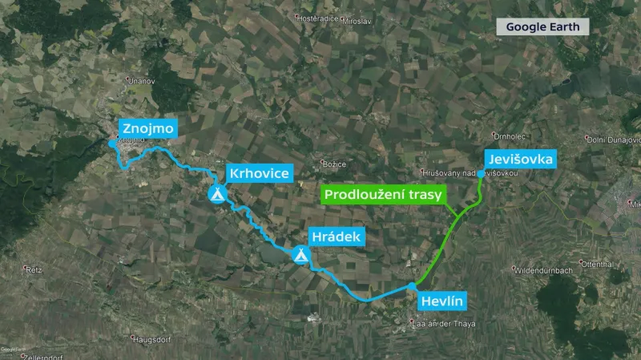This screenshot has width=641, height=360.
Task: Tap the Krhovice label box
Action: pyautogui.click(x=258, y=173)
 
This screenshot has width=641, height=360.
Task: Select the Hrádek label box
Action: pyautogui.click(x=337, y=237)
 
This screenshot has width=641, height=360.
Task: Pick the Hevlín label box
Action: pyautogui.click(x=441, y=301)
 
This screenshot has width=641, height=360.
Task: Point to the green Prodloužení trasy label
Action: pyautogui.click(x=381, y=195)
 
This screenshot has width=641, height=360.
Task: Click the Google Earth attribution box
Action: pyautogui.click(x=542, y=26)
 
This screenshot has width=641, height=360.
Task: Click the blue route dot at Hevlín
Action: pyautogui.click(x=411, y=286)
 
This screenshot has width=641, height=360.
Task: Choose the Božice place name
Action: pyautogui.click(x=334, y=164)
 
